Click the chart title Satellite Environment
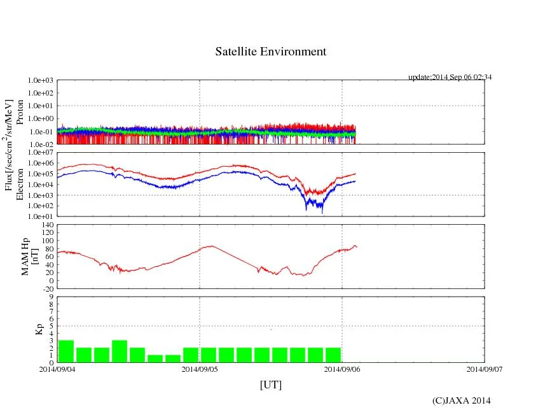[271, 52]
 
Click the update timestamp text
[450, 77]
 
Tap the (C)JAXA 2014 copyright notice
[461, 400]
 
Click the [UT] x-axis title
[270, 385]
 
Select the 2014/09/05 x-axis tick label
[200, 369]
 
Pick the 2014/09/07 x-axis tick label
[485, 369]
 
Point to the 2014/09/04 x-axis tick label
[57, 369]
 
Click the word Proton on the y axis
[20, 111]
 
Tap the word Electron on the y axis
[20, 184]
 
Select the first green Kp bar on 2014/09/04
[66, 351]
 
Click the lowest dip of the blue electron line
[322, 213]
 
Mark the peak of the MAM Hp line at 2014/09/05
[212, 246]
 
